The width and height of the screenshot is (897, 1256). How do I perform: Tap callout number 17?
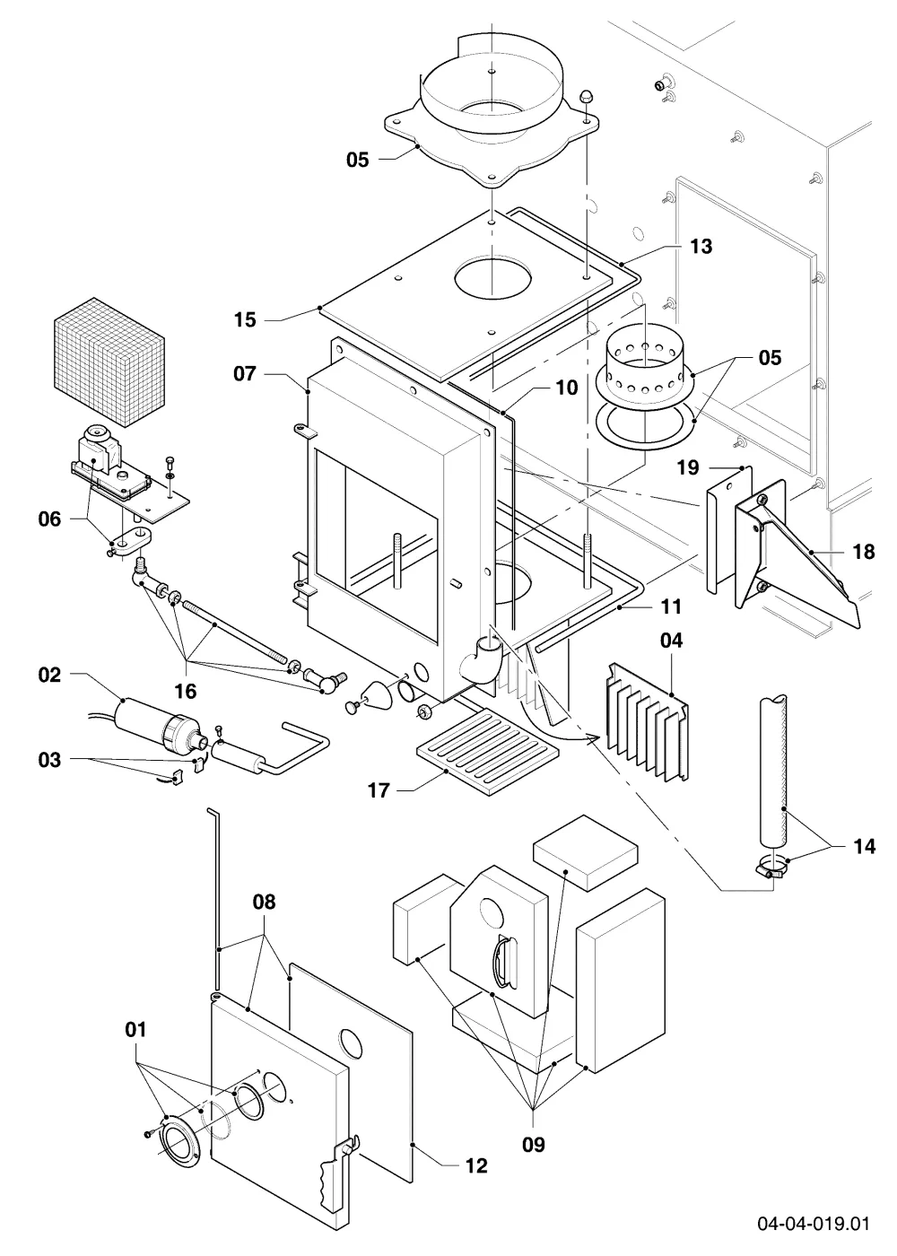point(379,790)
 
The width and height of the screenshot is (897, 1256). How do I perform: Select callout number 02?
point(49,675)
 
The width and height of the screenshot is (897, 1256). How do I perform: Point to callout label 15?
point(245,320)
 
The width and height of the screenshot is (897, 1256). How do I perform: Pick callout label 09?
point(533,1145)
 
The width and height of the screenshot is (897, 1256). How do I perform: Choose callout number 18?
point(863,552)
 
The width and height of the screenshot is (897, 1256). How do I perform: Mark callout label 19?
point(688,467)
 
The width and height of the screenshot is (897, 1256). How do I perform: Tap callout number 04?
point(671,641)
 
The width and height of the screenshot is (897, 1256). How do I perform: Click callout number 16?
point(185,692)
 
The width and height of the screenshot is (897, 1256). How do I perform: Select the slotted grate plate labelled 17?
point(488,751)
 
